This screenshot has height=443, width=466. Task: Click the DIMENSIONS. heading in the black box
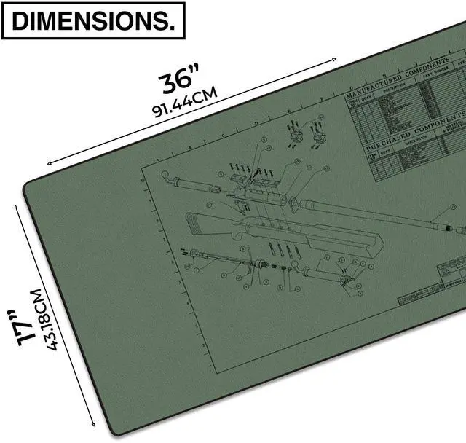(x=94, y=22)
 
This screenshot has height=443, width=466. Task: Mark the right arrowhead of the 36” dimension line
(x=336, y=58)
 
